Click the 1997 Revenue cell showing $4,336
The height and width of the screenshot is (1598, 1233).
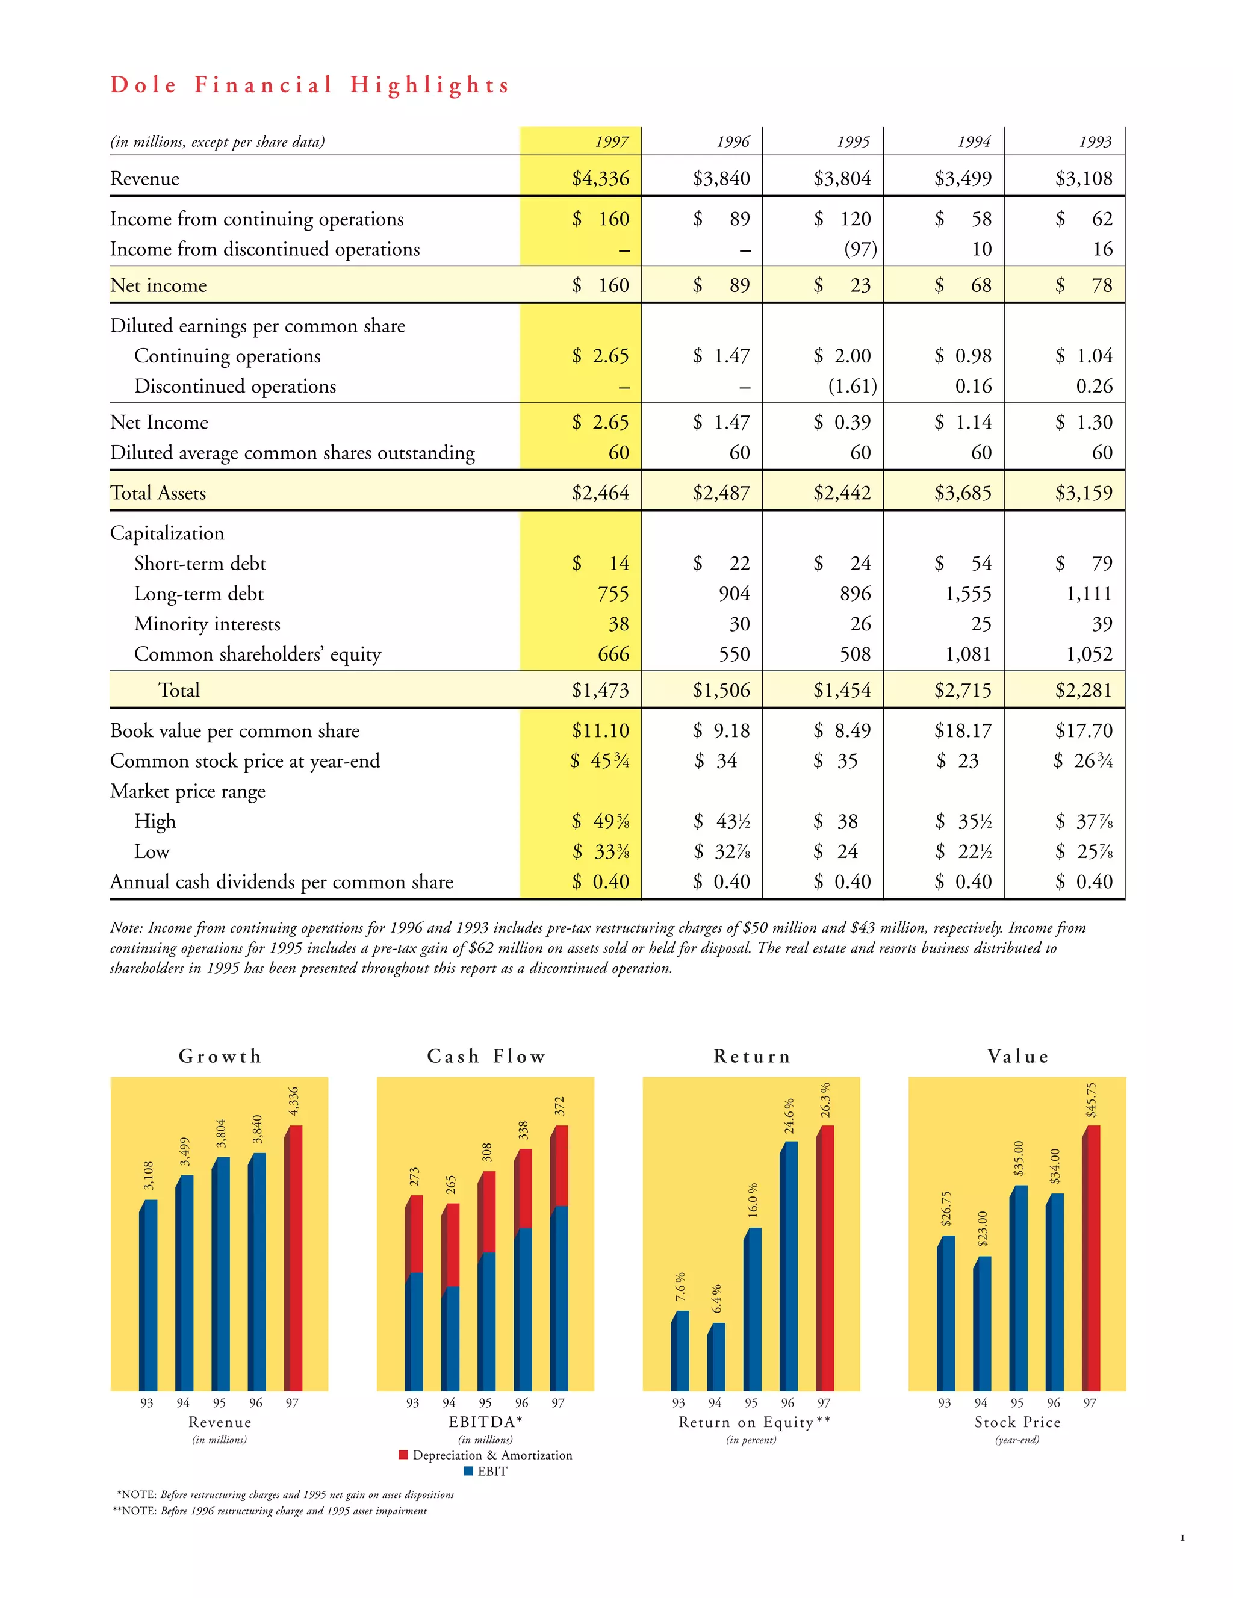pos(600,179)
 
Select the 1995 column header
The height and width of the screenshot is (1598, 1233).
pos(853,142)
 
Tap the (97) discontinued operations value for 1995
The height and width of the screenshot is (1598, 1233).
pos(860,249)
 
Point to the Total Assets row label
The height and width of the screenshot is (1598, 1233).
pos(158,493)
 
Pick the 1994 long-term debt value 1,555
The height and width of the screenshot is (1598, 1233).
pos(967,594)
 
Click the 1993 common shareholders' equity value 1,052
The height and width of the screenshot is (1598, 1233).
pos(1089,654)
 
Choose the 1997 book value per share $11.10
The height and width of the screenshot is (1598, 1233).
pos(600,731)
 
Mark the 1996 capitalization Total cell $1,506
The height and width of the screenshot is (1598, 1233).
pos(721,691)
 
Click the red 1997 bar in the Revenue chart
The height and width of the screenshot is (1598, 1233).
pos(293,1258)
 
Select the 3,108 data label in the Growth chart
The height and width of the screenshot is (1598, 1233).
pos(149,1176)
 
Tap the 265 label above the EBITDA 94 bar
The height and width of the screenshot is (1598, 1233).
pos(451,1184)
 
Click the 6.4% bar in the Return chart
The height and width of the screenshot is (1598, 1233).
pos(717,1357)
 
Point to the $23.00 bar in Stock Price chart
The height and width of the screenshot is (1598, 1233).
pos(983,1325)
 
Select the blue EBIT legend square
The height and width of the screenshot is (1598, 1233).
pos(468,1471)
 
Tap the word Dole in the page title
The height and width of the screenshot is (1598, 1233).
pos(143,85)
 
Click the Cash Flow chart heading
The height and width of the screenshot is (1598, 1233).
pos(486,1057)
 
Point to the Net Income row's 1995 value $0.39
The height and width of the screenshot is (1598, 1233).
pos(842,423)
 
